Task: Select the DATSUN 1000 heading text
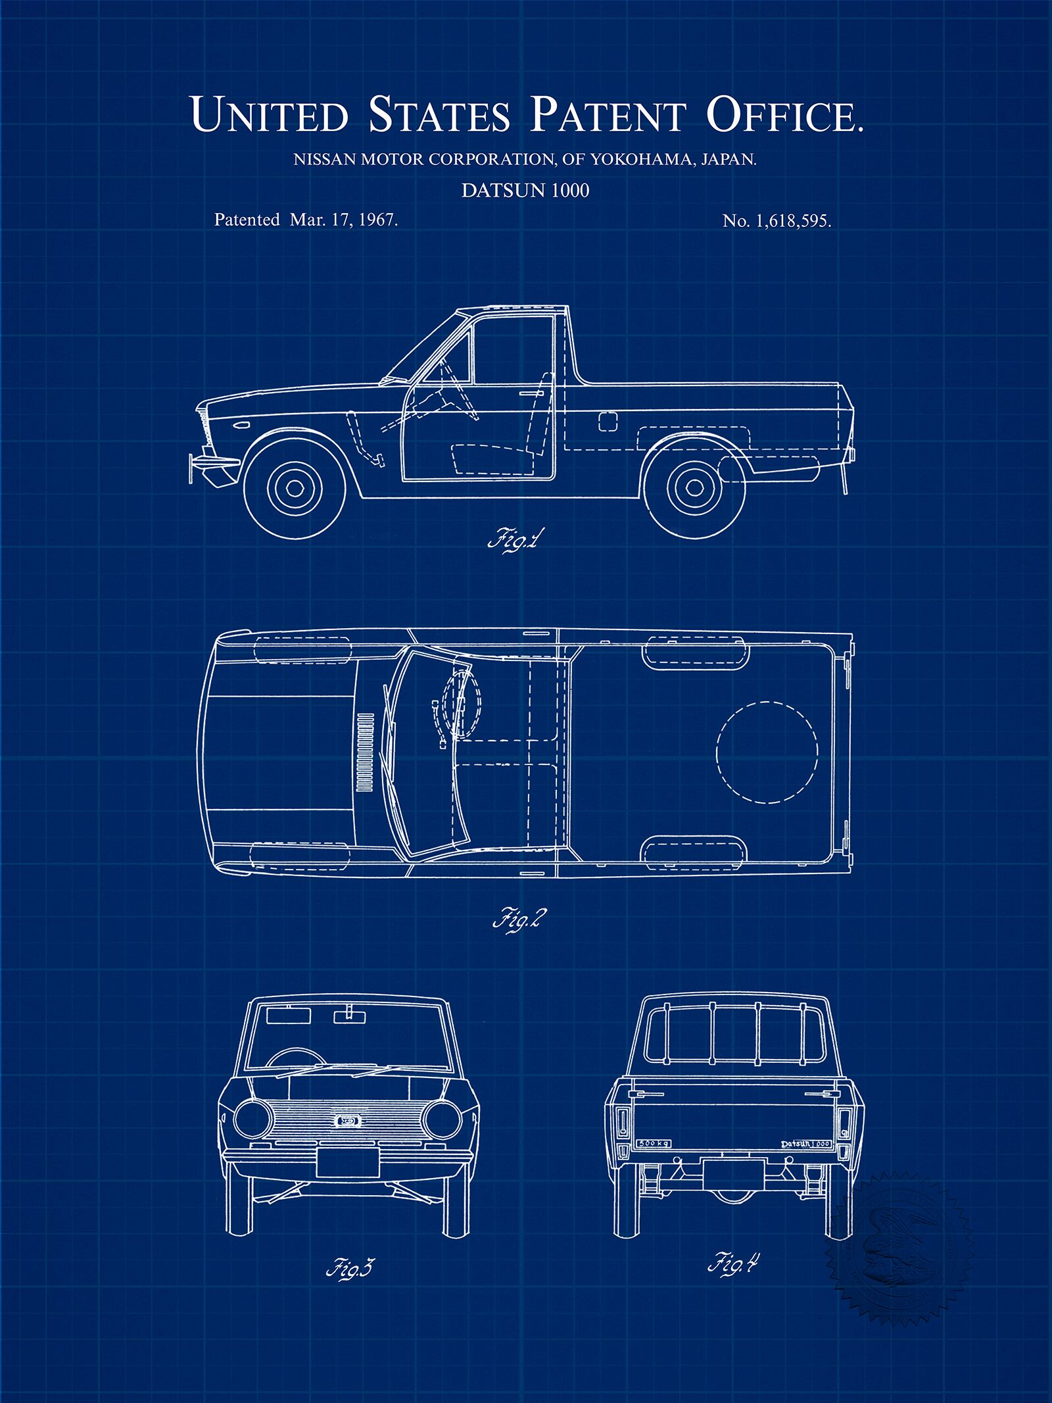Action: tap(525, 191)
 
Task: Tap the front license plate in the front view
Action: tap(347, 1164)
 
